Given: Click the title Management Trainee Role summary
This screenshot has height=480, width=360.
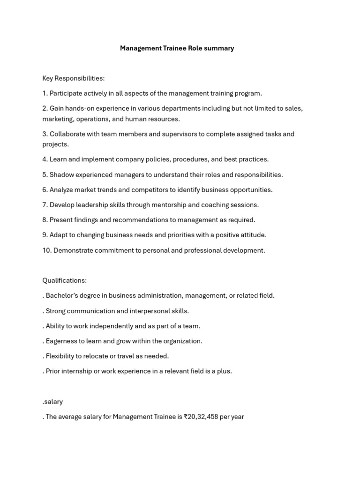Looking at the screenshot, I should click(x=177, y=48).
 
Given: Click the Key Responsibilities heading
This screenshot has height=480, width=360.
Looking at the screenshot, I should click(x=73, y=78).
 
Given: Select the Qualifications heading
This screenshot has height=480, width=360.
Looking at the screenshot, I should click(x=64, y=281).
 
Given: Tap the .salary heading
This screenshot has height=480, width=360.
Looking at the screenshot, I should click(x=52, y=402).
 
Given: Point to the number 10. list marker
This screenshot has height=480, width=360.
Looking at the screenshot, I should click(x=47, y=250).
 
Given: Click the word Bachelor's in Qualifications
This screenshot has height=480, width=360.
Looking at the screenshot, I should click(x=61, y=296).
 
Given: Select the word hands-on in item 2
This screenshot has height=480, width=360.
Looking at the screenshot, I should click(x=80, y=108).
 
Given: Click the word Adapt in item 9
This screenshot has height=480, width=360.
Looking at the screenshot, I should click(x=58, y=235).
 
